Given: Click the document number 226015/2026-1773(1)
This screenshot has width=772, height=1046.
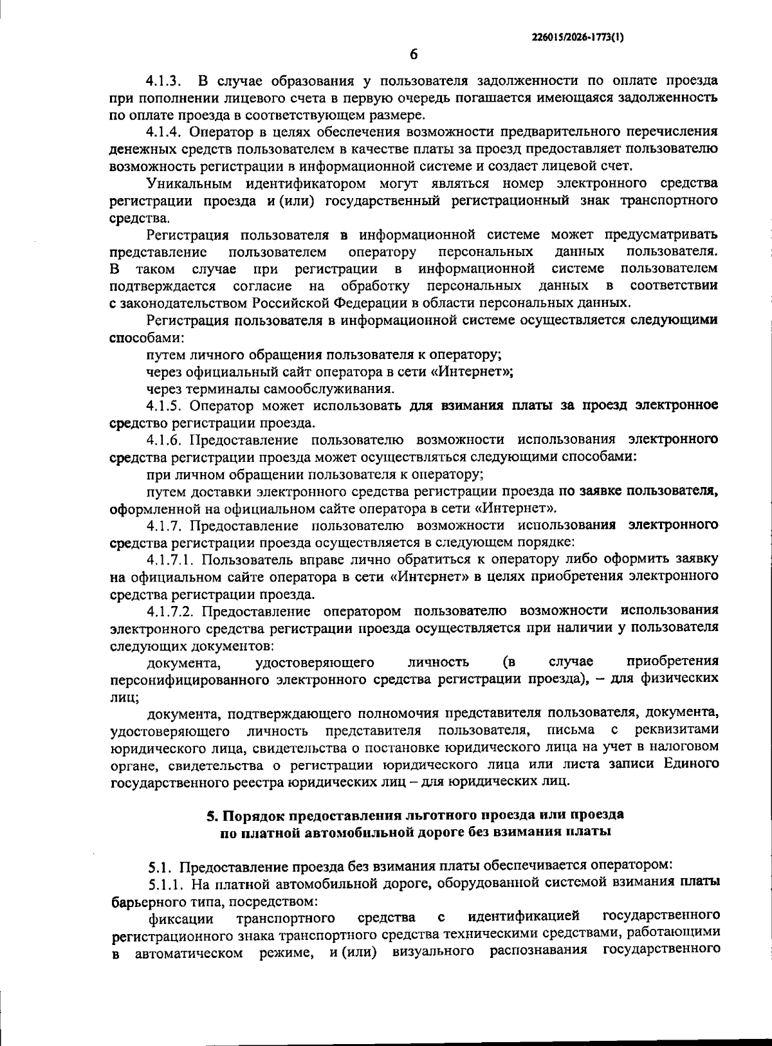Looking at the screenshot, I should [x=577, y=37].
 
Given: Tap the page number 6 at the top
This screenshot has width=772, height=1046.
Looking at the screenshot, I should [x=414, y=55].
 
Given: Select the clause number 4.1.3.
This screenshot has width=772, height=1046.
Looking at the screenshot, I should [x=164, y=81].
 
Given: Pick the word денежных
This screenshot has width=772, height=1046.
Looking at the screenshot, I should [x=138, y=149].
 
